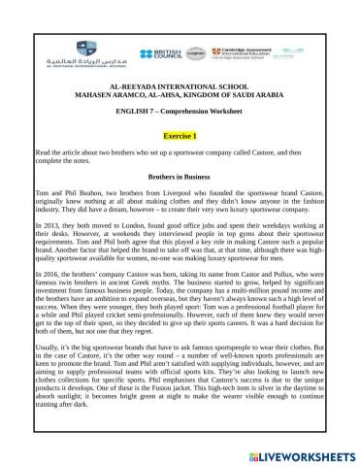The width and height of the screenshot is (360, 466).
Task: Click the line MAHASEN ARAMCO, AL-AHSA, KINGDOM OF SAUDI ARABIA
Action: (180, 95)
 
